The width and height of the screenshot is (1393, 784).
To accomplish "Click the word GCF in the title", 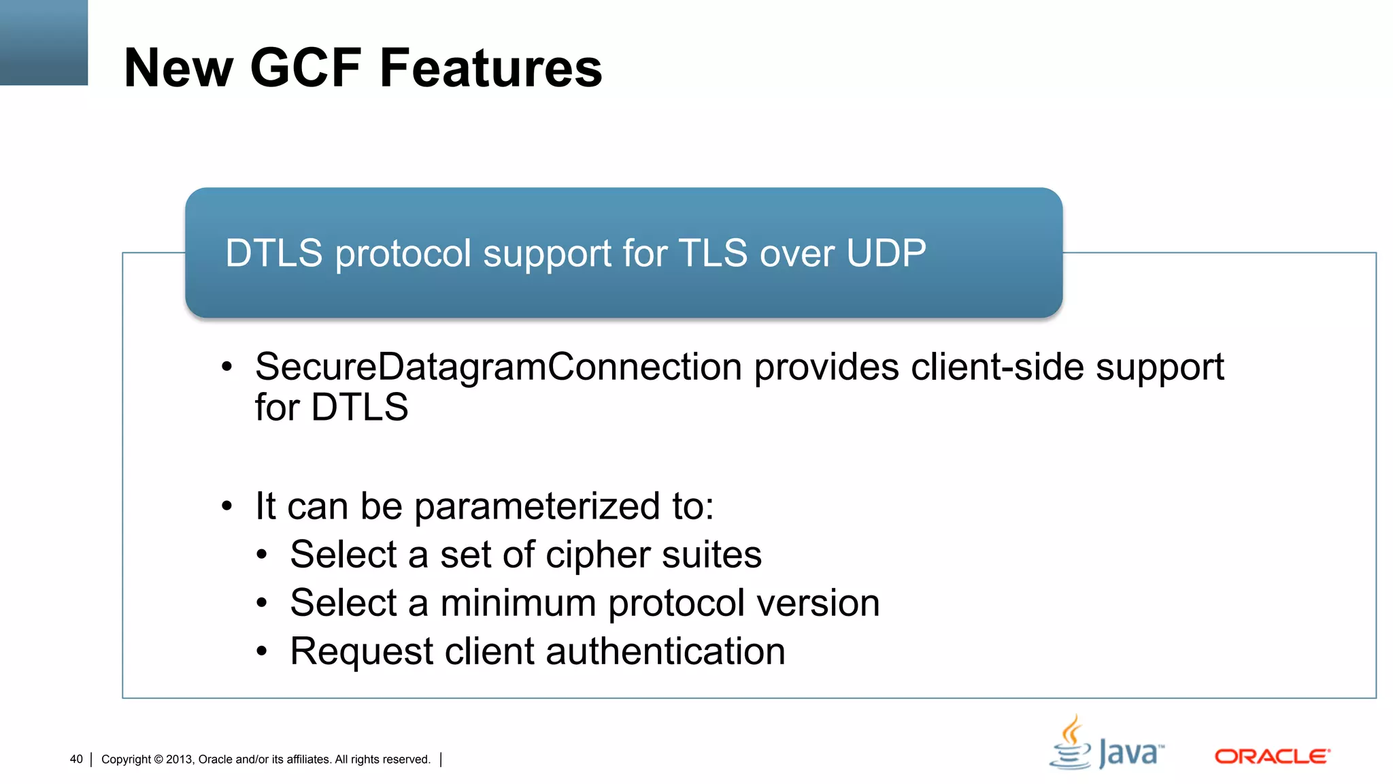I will pyautogui.click(x=305, y=68).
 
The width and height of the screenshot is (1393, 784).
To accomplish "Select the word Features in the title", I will pyautogui.click(x=490, y=68).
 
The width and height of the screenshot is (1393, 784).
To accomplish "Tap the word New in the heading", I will pyautogui.click(x=179, y=68).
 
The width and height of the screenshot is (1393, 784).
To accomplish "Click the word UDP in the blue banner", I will pyautogui.click(x=886, y=253).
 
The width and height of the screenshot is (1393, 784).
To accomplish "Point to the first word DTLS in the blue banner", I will pyautogui.click(x=273, y=253).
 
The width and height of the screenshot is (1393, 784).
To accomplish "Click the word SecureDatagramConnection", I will pyautogui.click(x=498, y=367).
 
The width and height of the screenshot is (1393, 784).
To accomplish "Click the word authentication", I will pyautogui.click(x=665, y=652).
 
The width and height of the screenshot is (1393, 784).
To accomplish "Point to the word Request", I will pyautogui.click(x=361, y=652).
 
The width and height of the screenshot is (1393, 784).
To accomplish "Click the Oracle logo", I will pyautogui.click(x=1272, y=757).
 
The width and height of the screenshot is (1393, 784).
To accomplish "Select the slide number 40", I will pyautogui.click(x=76, y=759).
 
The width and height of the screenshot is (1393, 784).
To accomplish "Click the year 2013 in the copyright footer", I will pyautogui.click(x=180, y=759).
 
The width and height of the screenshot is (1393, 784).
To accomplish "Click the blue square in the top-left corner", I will pyautogui.click(x=44, y=42).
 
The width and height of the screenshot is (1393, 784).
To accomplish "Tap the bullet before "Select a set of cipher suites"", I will pyautogui.click(x=263, y=555).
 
